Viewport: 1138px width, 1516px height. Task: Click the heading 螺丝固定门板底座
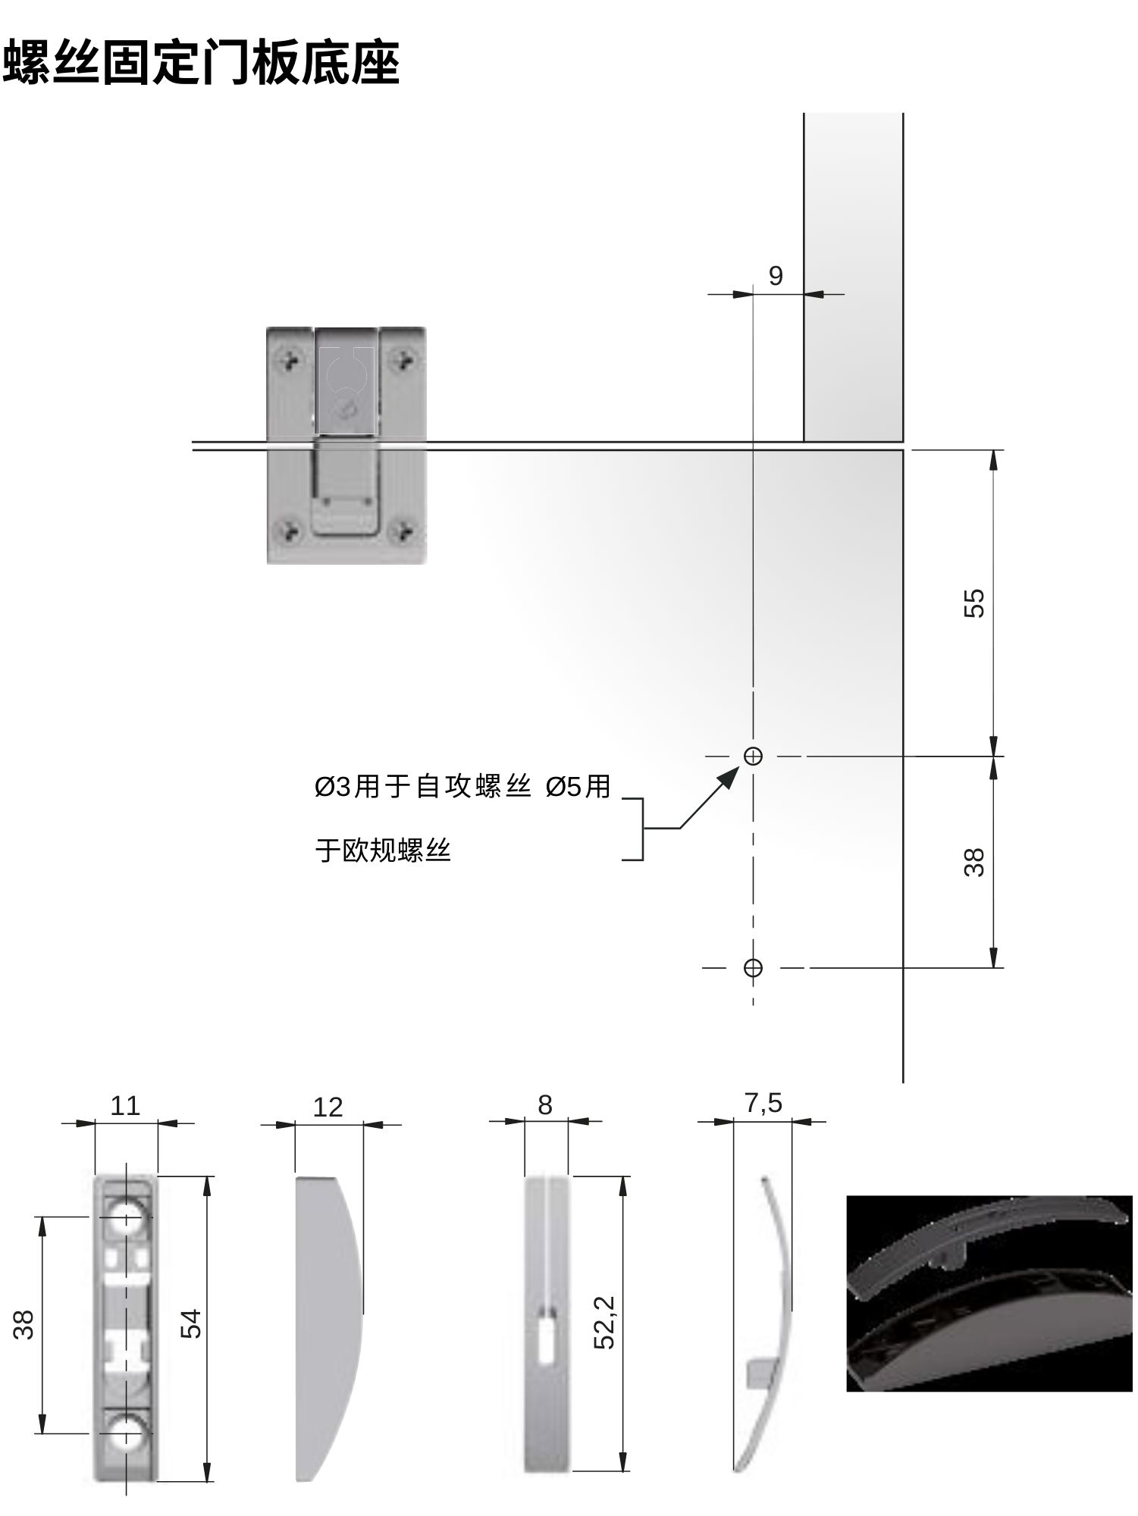pyautogui.click(x=202, y=62)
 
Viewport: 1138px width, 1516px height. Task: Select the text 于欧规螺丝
pyautogui.click(x=383, y=851)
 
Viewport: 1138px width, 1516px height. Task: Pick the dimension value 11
pyautogui.click(x=125, y=1106)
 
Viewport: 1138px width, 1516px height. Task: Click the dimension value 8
pyautogui.click(x=545, y=1105)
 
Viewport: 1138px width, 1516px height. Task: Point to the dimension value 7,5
pyautogui.click(x=763, y=1103)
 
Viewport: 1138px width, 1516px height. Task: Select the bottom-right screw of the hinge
pyautogui.click(x=406, y=531)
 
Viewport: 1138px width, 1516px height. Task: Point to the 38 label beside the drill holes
pyautogui.click(x=974, y=862)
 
